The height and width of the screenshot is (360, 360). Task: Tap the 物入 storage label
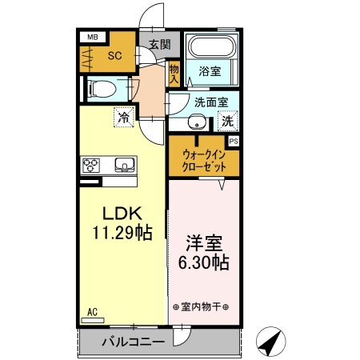[x=174, y=74]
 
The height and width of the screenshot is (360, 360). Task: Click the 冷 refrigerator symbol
[x=124, y=118]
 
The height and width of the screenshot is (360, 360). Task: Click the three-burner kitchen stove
[x=91, y=166]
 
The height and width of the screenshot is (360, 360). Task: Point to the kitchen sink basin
[x=125, y=166]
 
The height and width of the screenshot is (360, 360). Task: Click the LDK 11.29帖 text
[x=122, y=223]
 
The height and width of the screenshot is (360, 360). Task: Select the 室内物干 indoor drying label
[x=201, y=306]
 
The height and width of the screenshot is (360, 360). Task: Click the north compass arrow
[x=272, y=343]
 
